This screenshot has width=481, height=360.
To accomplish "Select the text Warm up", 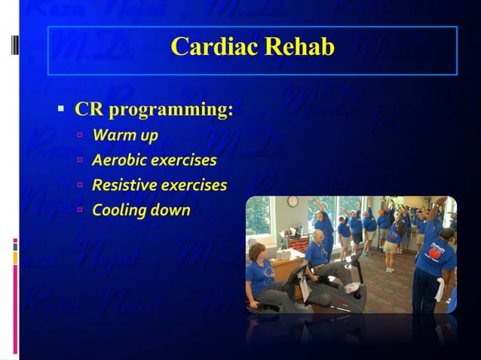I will click(125, 136).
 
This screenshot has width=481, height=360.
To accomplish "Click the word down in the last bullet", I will click(170, 210).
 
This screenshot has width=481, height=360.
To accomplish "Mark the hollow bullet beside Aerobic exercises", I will click(80, 161).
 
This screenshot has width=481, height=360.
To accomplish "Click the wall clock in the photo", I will click(293, 202).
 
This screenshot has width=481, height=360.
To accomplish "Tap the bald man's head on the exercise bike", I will click(320, 236).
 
